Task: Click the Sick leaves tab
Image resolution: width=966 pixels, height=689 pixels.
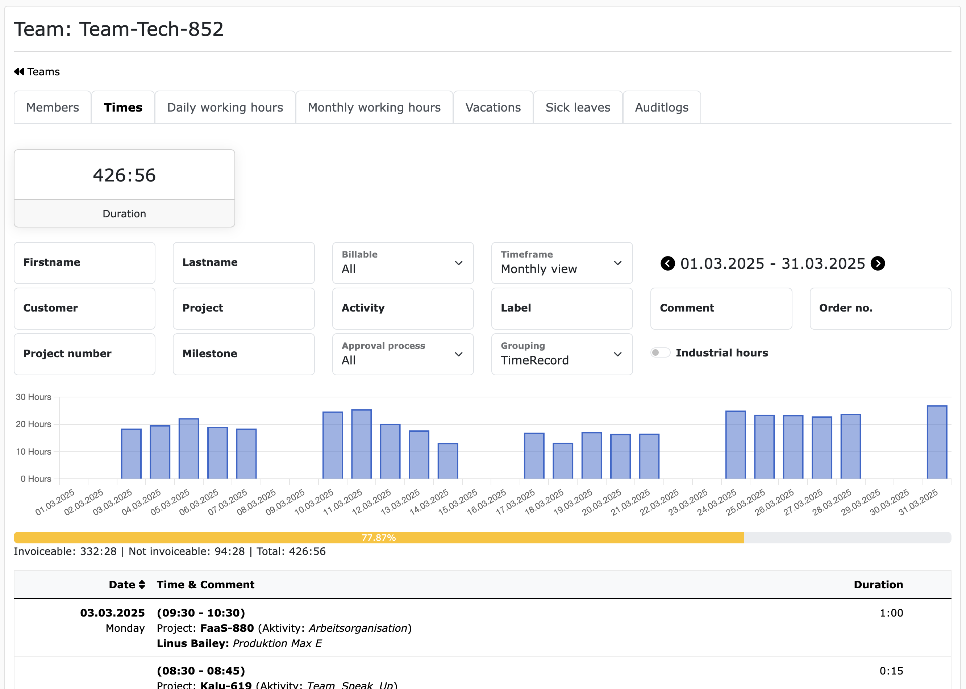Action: click(578, 108)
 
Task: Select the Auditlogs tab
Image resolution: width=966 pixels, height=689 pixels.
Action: click(661, 108)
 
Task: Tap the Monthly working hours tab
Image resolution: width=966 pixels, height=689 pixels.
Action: click(374, 108)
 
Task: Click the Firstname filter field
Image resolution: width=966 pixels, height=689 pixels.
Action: click(84, 263)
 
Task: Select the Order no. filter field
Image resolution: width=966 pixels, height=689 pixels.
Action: click(880, 308)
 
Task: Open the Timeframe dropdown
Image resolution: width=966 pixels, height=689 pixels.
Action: click(561, 263)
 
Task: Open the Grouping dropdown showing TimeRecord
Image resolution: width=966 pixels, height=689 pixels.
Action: click(561, 354)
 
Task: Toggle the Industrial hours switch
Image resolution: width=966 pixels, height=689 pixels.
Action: click(660, 352)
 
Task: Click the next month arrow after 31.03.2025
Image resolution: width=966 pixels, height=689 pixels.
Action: click(877, 263)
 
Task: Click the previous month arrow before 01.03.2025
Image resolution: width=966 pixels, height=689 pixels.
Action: click(667, 263)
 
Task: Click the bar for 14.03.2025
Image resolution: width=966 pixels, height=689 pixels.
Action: click(447, 461)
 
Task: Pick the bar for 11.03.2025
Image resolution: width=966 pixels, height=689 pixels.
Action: click(362, 444)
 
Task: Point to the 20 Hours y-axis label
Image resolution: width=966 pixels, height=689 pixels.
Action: click(33, 424)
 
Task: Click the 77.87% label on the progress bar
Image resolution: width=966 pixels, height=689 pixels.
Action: click(378, 538)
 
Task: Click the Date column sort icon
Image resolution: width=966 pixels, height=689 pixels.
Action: click(142, 585)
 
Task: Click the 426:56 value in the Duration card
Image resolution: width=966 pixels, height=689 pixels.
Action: click(124, 175)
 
